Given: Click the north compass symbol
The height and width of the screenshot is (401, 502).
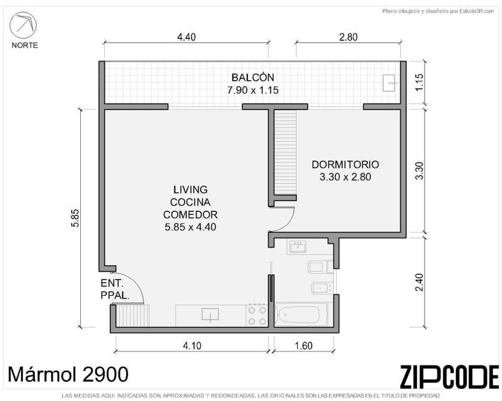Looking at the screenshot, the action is pyautogui.click(x=23, y=25).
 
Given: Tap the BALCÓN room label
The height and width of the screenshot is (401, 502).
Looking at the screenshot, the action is pyautogui.click(x=253, y=77).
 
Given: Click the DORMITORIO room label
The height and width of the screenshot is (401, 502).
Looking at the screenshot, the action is pyautogui.click(x=345, y=165).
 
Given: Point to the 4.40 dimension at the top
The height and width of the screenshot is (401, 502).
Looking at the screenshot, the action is pyautogui.click(x=186, y=37).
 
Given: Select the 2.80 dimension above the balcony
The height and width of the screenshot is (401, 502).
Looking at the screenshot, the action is pyautogui.click(x=348, y=37).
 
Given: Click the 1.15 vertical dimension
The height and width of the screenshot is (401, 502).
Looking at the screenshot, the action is pyautogui.click(x=419, y=82).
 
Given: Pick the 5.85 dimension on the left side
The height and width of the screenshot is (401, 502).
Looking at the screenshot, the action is pyautogui.click(x=75, y=218).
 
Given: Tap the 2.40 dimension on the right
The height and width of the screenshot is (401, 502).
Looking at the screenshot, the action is pyautogui.click(x=419, y=282).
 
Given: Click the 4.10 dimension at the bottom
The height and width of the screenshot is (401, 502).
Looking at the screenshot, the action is pyautogui.click(x=192, y=346).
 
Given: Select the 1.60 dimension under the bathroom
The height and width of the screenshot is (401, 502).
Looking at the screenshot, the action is pyautogui.click(x=303, y=346).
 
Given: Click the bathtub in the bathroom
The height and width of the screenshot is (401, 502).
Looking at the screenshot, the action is pyautogui.click(x=299, y=315).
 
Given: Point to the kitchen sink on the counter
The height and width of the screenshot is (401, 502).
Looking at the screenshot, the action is pyautogui.click(x=210, y=314).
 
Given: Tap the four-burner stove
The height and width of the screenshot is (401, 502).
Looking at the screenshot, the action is pyautogui.click(x=257, y=315).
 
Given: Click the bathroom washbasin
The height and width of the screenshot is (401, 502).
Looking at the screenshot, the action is pyautogui.click(x=298, y=247).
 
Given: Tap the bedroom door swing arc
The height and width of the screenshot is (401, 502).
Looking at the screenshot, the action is pyautogui.click(x=288, y=223).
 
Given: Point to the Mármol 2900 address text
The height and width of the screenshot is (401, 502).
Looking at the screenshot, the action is pyautogui.click(x=68, y=374).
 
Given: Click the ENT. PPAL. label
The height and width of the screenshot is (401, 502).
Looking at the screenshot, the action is pyautogui.click(x=114, y=290).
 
